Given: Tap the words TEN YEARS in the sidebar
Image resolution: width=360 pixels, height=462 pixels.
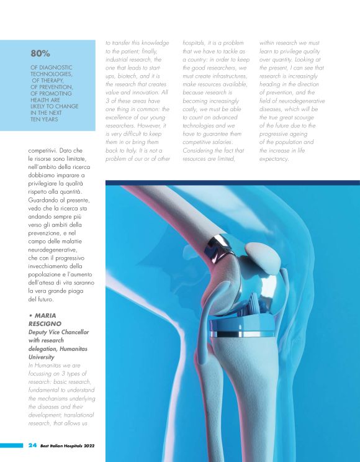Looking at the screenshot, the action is click(45, 119).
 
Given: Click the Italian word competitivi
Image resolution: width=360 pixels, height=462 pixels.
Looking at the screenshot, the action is click(46, 150).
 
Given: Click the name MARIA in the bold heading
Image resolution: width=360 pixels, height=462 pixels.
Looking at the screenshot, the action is click(45, 315).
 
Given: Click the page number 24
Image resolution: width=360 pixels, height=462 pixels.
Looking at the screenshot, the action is click(32, 445).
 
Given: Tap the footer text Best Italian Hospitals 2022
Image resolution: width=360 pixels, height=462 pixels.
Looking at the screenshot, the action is click(69, 445).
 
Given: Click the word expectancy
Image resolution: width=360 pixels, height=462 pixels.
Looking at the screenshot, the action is click(274, 159).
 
